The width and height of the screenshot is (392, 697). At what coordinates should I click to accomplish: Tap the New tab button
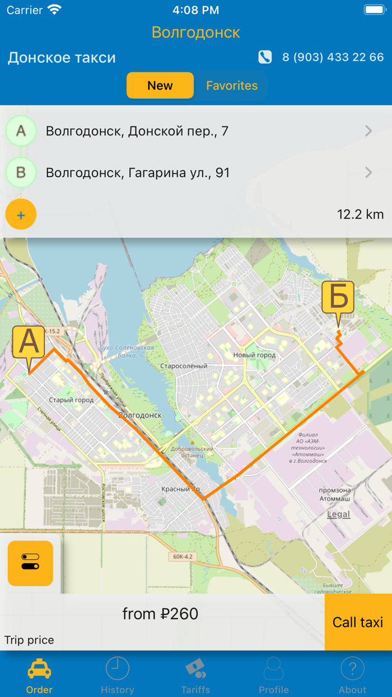pos(160,86)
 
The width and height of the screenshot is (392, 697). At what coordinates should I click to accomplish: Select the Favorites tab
pos(232,86)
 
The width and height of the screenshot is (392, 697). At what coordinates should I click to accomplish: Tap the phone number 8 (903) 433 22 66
pos(333,57)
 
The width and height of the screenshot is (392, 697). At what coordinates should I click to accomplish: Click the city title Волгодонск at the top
pos(196,32)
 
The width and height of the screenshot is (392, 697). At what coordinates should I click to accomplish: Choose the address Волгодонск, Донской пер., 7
pos(137,131)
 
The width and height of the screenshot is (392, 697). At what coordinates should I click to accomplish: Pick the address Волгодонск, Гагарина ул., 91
pos(138,173)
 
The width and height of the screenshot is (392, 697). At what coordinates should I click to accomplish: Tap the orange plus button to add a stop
pos(21,215)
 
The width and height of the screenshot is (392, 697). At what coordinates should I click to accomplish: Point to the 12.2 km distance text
pos(360,215)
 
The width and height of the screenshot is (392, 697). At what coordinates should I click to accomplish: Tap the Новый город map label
pos(254,355)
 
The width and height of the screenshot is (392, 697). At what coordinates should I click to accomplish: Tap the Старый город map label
pos(71,400)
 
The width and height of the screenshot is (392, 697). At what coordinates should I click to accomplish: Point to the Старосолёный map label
pos(184,366)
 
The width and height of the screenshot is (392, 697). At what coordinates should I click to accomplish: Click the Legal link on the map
pos(338,514)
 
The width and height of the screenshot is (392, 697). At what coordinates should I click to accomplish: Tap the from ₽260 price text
pos(160,614)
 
